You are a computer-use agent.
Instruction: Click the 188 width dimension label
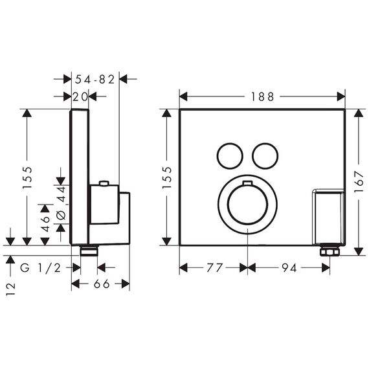click(x=262, y=96)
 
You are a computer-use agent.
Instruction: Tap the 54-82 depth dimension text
click(x=95, y=80)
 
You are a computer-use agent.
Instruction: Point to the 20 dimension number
click(x=80, y=96)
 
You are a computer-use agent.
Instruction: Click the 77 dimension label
click(x=214, y=267)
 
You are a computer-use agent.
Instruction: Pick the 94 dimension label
click(x=289, y=267)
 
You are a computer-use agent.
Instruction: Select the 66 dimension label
click(x=102, y=284)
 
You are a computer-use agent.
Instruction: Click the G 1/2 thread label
click(x=41, y=267)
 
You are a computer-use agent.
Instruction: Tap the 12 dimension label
click(x=10, y=289)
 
